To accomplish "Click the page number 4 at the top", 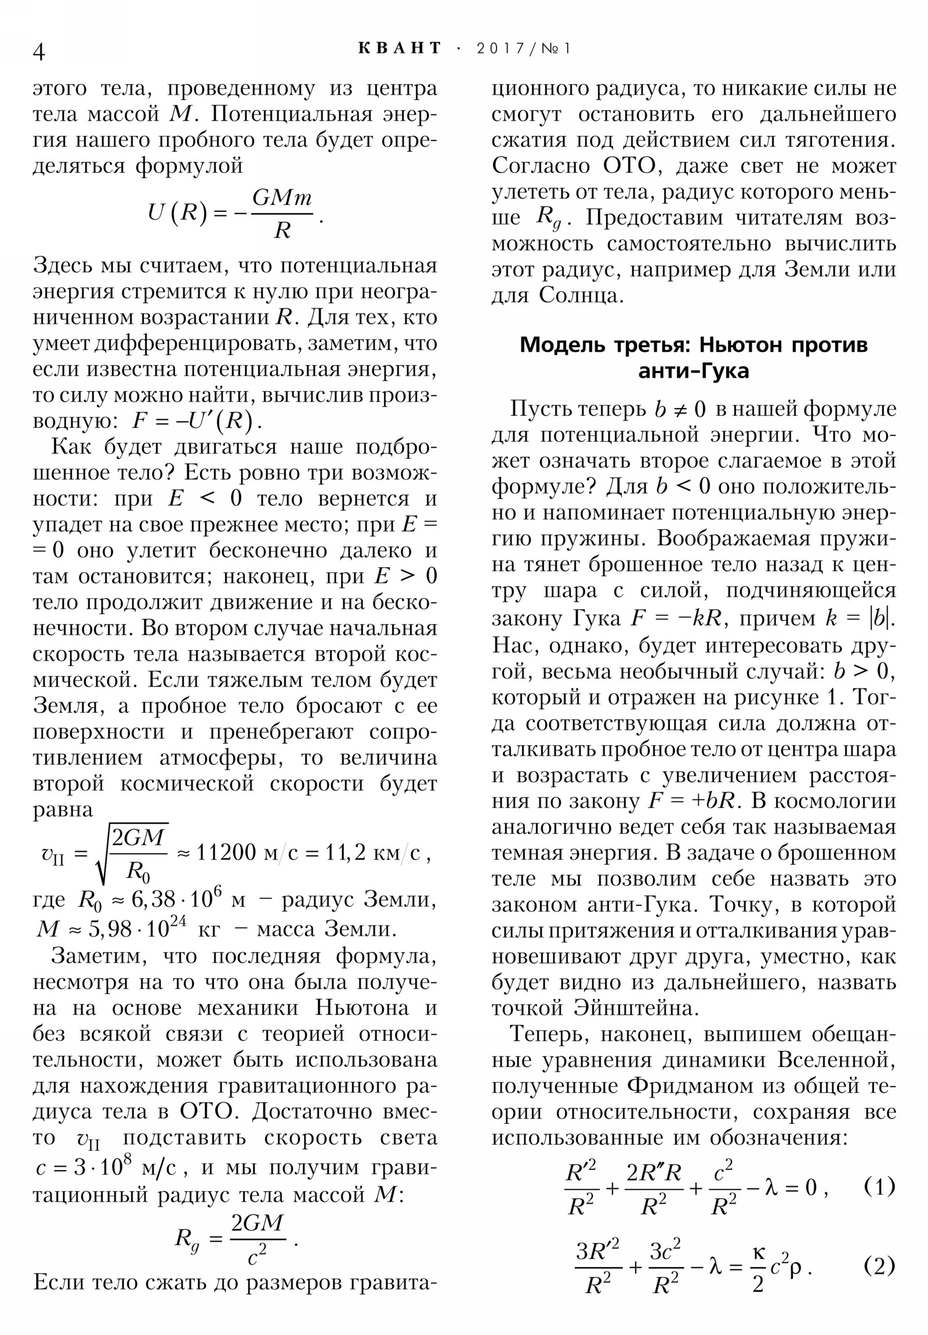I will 39,52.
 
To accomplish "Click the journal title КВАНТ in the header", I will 400,48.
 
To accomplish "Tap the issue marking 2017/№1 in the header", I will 524,48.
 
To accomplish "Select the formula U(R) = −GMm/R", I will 235,214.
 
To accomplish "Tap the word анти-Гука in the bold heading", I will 693,371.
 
